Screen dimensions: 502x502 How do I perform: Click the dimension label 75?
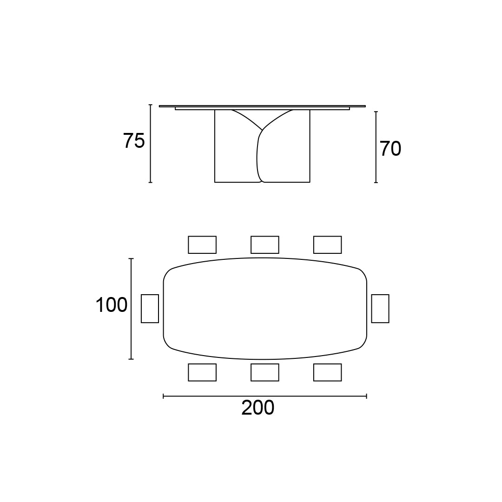coord(134,141)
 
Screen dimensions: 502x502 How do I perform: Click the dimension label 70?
coord(390,149)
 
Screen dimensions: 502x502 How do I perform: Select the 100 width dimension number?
coord(112,305)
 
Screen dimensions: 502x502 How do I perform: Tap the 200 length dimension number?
coord(258,408)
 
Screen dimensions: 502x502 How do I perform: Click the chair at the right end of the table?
coord(380,309)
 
